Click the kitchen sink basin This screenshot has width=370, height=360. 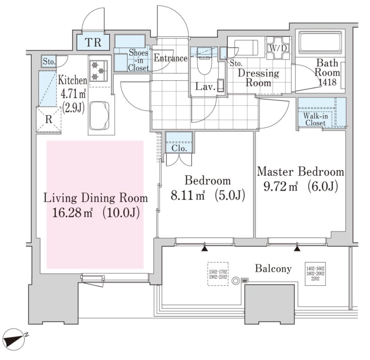coord(99,115)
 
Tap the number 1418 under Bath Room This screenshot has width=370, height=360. coord(328,82)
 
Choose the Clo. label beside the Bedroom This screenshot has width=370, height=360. coord(179,148)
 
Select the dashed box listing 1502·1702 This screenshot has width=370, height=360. coord(218,274)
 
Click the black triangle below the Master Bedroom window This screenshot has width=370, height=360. coord(297,249)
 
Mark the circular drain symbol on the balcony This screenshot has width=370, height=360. coord(236,280)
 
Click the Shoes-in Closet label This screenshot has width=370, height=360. coord(139,60)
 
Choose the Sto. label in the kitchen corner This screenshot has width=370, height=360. coord(49,62)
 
